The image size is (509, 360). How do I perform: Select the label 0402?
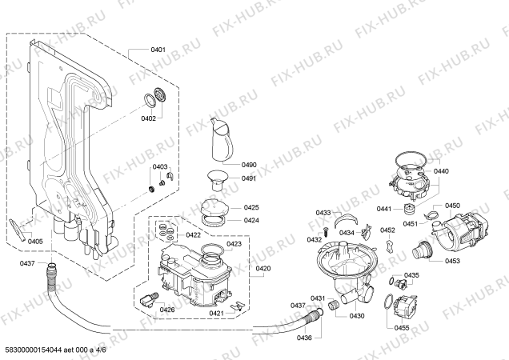pyautogui.click(x=126, y=118)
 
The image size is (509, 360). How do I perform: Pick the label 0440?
pyautogui.click(x=442, y=171)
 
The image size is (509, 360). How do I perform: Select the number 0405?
pyautogui.click(x=34, y=241)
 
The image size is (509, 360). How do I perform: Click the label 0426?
pyautogui.click(x=166, y=310)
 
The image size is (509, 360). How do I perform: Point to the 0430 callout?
pyautogui.click(x=357, y=315)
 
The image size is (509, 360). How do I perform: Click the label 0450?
pyautogui.click(x=453, y=206)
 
